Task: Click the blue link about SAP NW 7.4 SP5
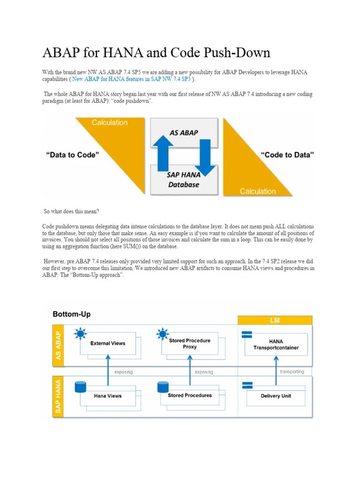click(132, 80)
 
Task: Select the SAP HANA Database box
click(183, 180)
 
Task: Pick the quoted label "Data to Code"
click(73, 155)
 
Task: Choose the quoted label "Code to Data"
click(287, 155)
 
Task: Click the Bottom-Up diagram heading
click(72, 314)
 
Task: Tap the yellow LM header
click(275, 320)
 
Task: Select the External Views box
click(108, 343)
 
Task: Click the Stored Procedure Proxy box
click(190, 344)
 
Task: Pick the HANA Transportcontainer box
click(276, 345)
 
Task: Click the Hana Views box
click(108, 396)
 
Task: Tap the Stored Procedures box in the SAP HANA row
click(190, 395)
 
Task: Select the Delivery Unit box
click(276, 396)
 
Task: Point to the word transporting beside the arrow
click(292, 372)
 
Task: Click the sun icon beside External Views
click(81, 334)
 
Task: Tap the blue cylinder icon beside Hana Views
click(81, 387)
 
